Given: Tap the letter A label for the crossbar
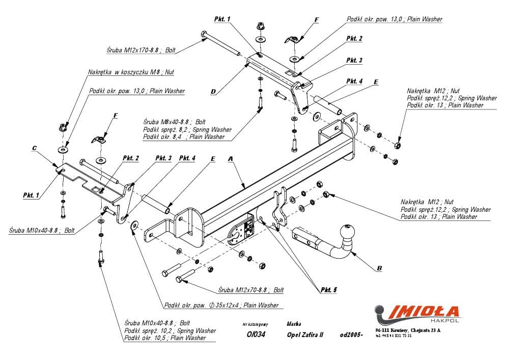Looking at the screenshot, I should [x=230, y=159].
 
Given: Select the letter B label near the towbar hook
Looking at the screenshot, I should [x=380, y=268].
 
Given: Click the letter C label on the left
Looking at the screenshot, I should [x=34, y=148].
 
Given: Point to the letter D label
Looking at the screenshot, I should [x=213, y=92].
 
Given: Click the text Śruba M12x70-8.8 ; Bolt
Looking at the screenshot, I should [x=250, y=290].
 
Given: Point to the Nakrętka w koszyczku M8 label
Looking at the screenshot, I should [x=131, y=72].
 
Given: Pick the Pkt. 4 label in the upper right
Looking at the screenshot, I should [x=354, y=81].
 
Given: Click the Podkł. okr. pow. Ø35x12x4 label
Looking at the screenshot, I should [x=221, y=305].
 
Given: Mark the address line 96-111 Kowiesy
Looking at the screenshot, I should [x=408, y=330].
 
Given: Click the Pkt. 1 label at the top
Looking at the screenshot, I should [x=222, y=19].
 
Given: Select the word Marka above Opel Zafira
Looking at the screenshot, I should [x=294, y=323].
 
